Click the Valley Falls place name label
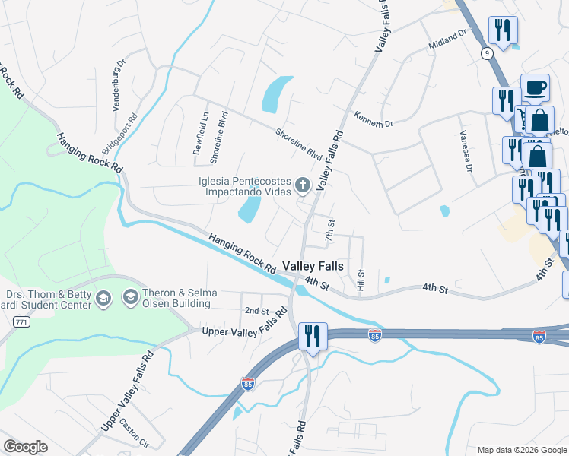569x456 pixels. coord(313,267)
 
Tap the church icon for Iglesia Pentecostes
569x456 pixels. coord(303,184)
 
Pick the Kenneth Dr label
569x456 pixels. coord(373,119)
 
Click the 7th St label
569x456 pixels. coord(330,231)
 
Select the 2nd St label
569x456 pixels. coord(257,311)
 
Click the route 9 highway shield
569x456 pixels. coord(485,52)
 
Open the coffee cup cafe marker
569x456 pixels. coord(535,87)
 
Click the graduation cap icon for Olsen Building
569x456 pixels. coord(130,297)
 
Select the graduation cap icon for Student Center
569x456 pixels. coord(104,299)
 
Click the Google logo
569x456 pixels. coord(25,447)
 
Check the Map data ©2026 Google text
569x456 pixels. coord(521,450)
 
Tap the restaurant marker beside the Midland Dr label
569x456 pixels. coord(503,30)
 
